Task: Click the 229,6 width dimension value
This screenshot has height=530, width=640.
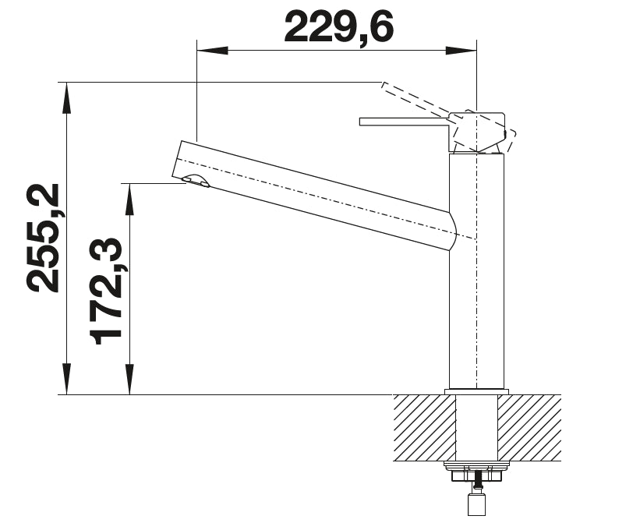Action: pos(338,27)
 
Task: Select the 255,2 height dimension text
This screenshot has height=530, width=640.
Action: pos(44,238)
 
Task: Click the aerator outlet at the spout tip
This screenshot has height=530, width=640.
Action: pos(196,182)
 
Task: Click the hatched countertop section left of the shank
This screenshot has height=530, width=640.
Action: pos(424,427)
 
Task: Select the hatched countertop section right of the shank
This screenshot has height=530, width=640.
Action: pos(529,427)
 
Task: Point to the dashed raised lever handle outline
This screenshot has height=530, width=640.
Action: pos(417,99)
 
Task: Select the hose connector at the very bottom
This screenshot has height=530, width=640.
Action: pos(476,505)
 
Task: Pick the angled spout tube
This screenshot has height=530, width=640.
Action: pos(312,195)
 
